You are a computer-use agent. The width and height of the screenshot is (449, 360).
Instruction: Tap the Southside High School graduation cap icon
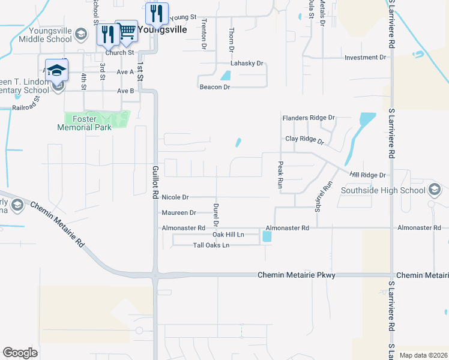tap(436, 191)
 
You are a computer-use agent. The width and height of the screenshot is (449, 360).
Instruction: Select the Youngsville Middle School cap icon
tap(81, 35)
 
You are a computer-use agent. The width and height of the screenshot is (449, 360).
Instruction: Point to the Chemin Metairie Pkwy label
tap(296, 275)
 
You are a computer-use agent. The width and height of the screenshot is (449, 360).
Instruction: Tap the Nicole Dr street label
tap(175, 197)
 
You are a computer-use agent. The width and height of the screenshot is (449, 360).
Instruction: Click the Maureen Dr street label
tap(179, 213)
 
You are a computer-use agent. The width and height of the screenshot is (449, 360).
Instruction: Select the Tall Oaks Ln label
tap(211, 245)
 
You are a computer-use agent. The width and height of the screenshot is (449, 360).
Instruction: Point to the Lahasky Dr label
tap(247, 63)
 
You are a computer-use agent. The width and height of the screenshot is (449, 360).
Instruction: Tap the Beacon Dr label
tap(215, 87)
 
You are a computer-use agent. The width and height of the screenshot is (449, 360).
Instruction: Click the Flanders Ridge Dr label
tap(309, 118)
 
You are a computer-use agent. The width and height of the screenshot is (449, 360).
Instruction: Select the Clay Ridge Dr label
tap(304, 140)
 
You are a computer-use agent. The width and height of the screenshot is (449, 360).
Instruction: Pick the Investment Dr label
tap(365, 58)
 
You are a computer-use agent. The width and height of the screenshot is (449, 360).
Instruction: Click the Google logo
tap(20, 353)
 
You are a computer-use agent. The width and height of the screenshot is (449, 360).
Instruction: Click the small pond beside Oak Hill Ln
tap(267, 237)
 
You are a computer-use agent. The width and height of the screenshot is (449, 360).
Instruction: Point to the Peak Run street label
tap(280, 175)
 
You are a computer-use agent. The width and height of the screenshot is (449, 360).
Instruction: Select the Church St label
tap(120, 53)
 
